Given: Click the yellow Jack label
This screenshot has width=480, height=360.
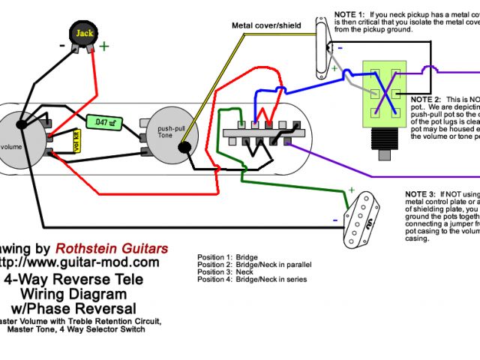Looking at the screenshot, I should click(x=84, y=34).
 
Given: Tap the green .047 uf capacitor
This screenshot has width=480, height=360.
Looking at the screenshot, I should click(x=100, y=121).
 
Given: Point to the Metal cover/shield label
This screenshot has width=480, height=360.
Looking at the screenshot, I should click(x=265, y=25).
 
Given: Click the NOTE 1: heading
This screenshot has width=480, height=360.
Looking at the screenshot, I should click(x=349, y=14).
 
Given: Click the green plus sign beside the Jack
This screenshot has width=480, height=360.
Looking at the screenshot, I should click(x=103, y=46).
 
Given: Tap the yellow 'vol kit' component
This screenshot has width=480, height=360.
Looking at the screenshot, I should click(x=76, y=139).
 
